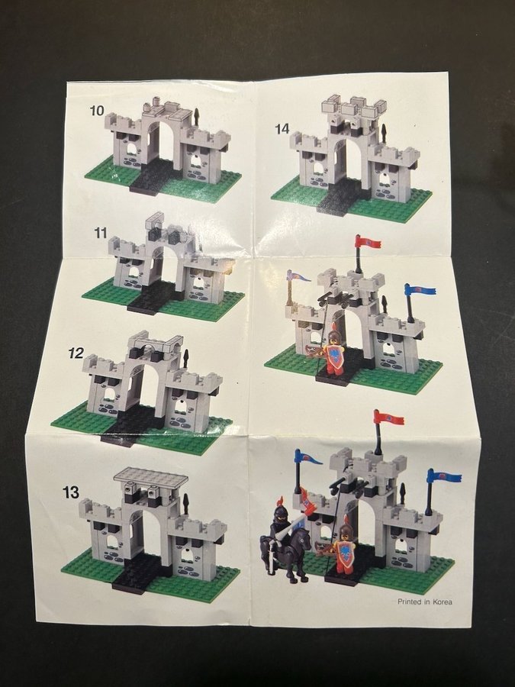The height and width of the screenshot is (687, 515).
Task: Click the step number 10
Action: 97,111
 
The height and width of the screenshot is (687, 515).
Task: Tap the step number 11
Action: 101,233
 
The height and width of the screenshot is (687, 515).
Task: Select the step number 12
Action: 76,353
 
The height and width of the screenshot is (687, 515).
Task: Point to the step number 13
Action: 71,492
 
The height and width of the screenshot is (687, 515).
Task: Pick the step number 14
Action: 282,129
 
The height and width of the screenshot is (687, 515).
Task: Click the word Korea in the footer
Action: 443,602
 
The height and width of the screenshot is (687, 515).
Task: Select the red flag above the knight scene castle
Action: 388,418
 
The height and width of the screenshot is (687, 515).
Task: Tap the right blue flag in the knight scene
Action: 443,476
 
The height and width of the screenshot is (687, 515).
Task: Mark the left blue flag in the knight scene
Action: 308,456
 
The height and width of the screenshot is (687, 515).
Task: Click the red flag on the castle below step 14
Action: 368,241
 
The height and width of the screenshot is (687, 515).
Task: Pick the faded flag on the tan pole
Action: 298,276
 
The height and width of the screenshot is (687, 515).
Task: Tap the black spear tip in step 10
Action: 197,115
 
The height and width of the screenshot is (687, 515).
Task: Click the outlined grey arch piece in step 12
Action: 156,341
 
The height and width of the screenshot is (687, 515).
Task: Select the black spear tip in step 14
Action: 385,132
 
